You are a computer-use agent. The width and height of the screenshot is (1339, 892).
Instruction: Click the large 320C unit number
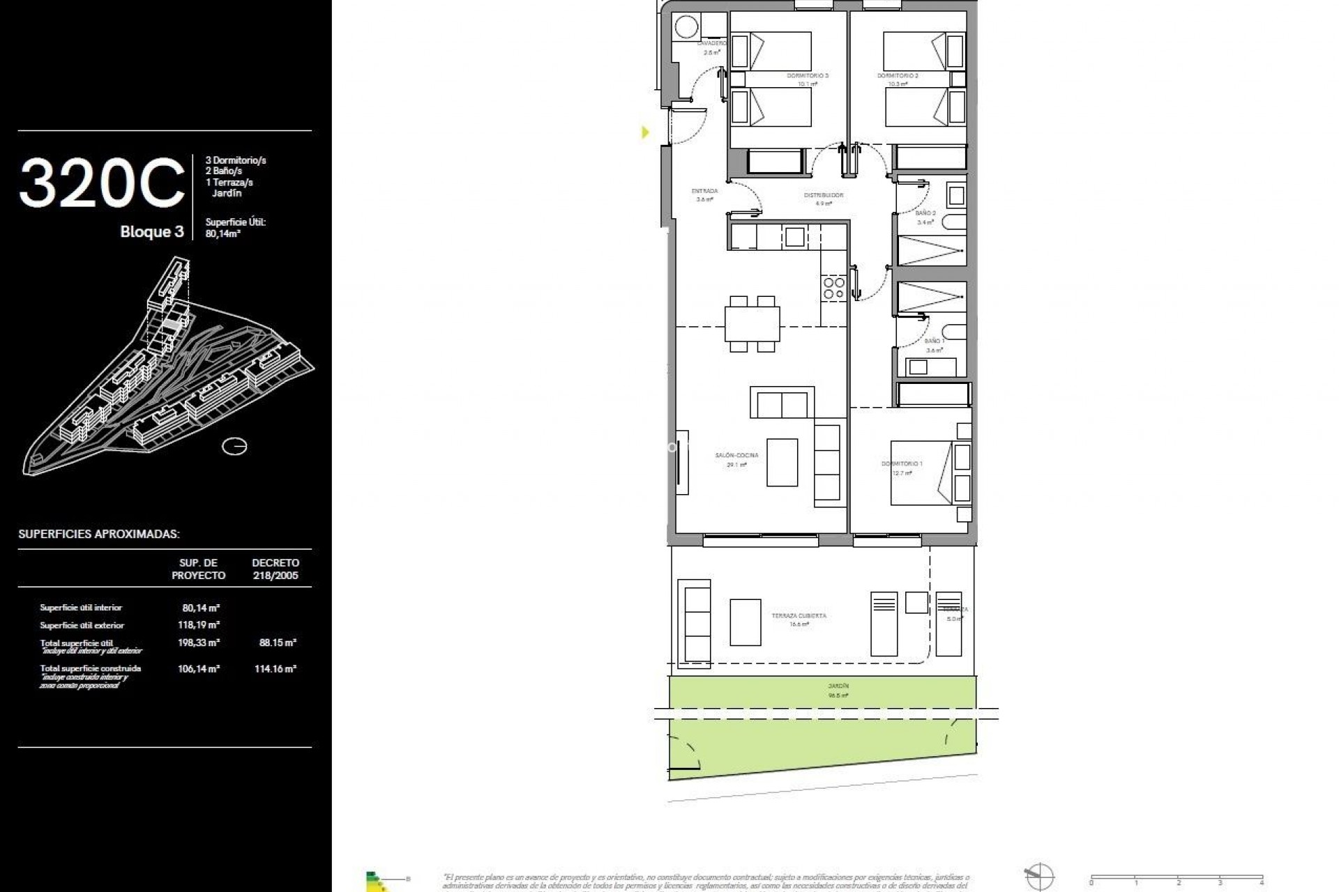[102, 184]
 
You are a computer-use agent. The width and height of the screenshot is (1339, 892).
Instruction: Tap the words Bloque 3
[151, 232]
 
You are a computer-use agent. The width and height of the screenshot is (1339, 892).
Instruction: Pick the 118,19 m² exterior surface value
[199, 625]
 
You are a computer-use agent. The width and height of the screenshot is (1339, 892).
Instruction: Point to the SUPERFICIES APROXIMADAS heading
[99, 535]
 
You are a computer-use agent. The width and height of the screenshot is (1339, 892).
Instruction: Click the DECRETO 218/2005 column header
[275, 569]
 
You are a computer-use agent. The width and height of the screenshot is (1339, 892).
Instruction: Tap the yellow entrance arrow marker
[645, 132]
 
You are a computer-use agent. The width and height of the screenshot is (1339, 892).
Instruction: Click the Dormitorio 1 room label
[901, 464]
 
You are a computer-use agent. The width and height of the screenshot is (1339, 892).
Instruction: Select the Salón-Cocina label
[736, 456]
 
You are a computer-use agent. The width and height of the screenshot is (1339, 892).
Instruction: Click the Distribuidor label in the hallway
[824, 196]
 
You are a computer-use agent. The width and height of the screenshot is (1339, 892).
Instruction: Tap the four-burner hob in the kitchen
[833, 289]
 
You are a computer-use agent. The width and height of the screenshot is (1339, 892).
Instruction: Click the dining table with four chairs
[752, 323]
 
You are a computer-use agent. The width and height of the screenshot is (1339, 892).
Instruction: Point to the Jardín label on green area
[838, 686]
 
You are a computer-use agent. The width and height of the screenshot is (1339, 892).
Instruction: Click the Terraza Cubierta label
[799, 616]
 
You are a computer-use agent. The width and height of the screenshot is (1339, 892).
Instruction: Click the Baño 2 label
[925, 213]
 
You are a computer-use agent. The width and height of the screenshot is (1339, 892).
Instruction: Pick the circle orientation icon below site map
[234, 446]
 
